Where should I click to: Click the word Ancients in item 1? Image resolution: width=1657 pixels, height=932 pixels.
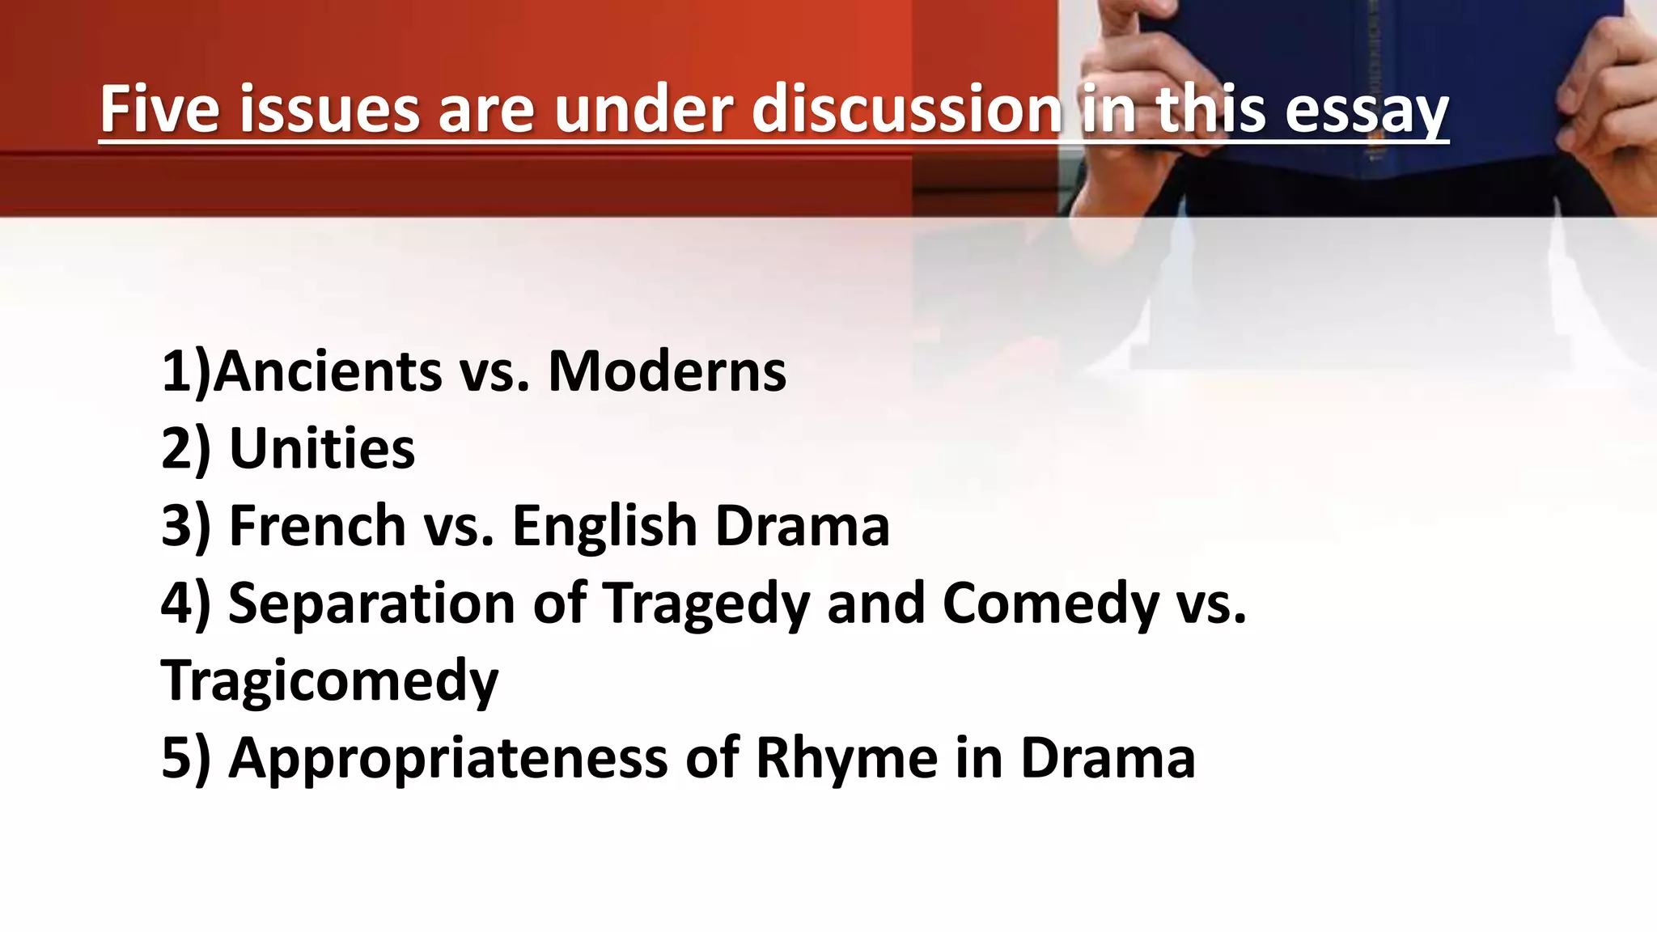pyautogui.click(x=328, y=371)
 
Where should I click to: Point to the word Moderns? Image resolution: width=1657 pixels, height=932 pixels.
pyautogui.click(x=667, y=371)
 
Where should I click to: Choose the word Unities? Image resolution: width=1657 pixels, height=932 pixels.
pyautogui.click(x=322, y=448)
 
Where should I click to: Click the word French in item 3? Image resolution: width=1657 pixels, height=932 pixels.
pyautogui.click(x=317, y=526)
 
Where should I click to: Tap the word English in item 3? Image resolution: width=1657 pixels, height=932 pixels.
pyautogui.click(x=605, y=526)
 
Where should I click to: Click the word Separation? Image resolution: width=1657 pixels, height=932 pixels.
pyautogui.click(x=371, y=604)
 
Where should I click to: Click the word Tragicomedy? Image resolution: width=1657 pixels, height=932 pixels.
pyautogui.click(x=329, y=680)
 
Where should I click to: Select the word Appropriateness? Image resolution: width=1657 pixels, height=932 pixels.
pyautogui.click(x=448, y=758)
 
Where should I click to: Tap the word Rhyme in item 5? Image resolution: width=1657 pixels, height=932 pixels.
pyautogui.click(x=846, y=758)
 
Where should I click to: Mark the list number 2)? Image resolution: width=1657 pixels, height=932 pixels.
pyautogui.click(x=185, y=448)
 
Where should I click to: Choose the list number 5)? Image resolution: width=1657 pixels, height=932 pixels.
pyautogui.click(x=185, y=758)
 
